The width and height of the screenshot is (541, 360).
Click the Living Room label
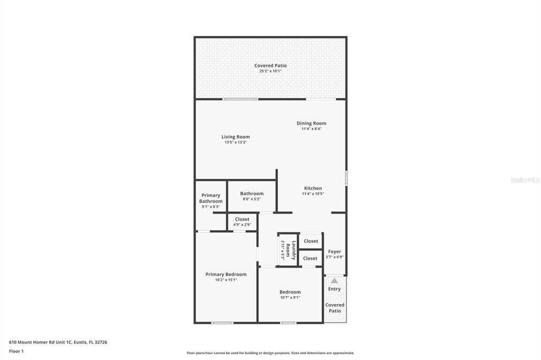click(235, 137)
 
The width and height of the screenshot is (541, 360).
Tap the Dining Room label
click(311, 124)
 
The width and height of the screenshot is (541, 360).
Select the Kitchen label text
click(313, 188)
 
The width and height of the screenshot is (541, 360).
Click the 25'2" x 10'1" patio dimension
click(270, 71)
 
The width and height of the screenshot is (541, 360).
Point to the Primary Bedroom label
click(226, 274)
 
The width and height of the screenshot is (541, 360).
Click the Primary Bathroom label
click(211, 198)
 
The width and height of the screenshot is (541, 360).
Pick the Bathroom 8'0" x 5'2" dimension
click(251, 199)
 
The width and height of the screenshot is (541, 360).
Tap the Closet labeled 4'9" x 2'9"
click(242, 220)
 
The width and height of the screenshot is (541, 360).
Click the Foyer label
click(334, 252)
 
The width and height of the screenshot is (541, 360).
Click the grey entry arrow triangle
click(334, 281)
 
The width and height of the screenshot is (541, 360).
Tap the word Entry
click(334, 289)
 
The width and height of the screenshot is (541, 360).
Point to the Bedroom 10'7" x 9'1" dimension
click(290, 298)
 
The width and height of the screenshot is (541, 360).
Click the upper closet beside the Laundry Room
click(311, 241)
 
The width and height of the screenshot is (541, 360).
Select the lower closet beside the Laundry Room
click(311, 258)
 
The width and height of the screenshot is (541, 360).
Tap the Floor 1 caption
click(16, 351)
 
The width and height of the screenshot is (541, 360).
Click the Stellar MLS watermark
click(525, 180)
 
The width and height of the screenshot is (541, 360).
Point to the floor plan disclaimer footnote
click(270, 353)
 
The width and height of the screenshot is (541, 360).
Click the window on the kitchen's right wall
click(347, 178)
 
